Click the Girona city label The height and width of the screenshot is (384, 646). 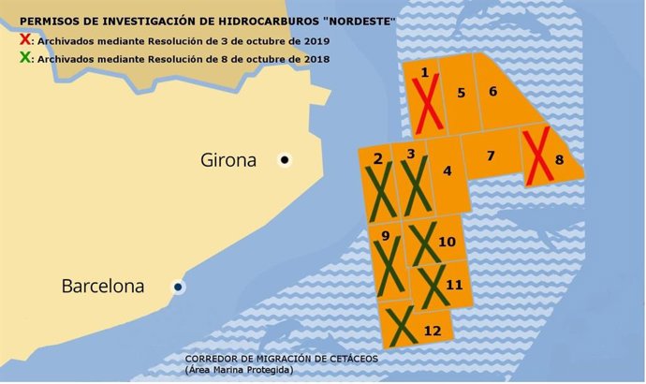pos(228,160)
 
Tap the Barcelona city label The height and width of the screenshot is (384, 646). pos(103,286)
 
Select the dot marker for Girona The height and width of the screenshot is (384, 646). pos(285,160)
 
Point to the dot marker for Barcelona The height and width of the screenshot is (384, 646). pos(178,287)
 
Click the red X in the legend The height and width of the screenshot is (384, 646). pos(24,40)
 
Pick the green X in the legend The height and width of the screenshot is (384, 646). pos(24,59)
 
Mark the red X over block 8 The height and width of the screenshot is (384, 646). pos(537,157)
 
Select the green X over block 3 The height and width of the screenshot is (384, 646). pos(413,185)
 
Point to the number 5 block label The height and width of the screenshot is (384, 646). pos(461,93)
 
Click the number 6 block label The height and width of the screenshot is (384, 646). pos(492,91)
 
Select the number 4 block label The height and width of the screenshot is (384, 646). pos(448,170)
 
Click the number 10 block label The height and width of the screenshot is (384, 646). pos(447,243)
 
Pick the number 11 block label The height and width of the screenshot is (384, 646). pos(454,285)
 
